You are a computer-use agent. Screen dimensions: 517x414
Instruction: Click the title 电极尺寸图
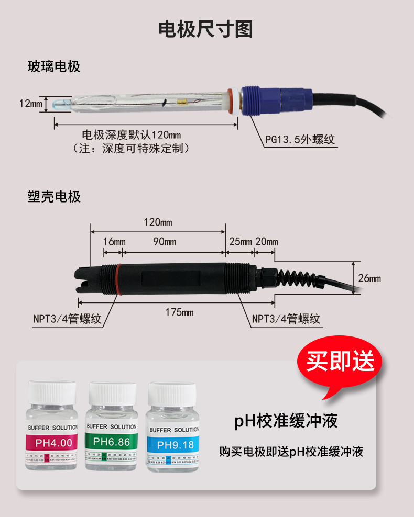(x=206, y=30)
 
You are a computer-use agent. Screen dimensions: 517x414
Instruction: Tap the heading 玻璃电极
(x=53, y=67)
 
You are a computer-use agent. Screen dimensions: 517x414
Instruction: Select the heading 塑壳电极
(x=53, y=197)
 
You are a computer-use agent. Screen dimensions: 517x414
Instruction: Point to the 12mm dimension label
(x=30, y=104)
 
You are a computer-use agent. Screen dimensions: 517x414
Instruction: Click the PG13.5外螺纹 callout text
(x=300, y=140)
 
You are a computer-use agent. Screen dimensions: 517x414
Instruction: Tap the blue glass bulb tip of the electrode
(x=60, y=104)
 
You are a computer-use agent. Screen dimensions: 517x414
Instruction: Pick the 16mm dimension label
(x=114, y=242)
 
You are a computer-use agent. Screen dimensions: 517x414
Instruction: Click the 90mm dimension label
(x=164, y=242)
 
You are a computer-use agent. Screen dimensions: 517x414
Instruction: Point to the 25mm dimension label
(x=240, y=242)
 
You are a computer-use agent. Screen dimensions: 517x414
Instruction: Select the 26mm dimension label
(x=369, y=278)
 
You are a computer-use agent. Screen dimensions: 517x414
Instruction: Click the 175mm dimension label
(x=179, y=312)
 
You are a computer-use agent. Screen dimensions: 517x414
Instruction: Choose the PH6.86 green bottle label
(x=111, y=442)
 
